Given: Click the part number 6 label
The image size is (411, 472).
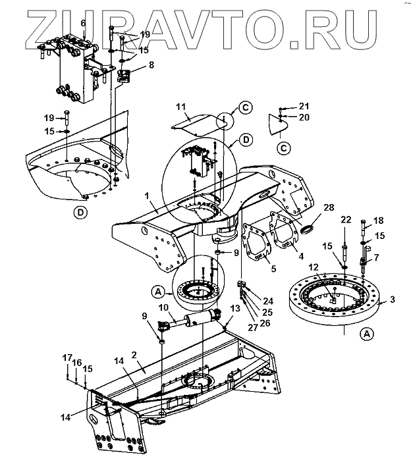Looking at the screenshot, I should click(83, 24).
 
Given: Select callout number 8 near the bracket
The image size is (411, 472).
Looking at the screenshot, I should click(151, 65).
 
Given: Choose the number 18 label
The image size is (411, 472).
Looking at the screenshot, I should click(378, 221).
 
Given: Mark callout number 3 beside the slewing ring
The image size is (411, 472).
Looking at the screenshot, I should click(393, 300).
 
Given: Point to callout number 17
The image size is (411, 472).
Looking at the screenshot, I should click(67, 357).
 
